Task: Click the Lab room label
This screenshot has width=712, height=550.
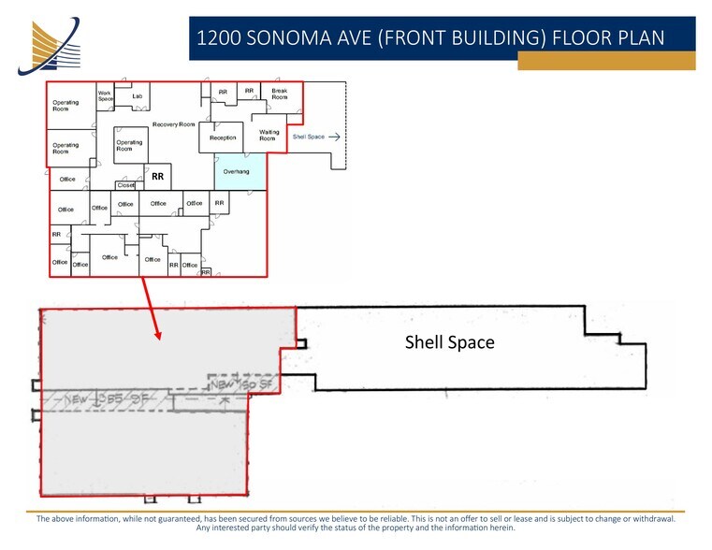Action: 137,96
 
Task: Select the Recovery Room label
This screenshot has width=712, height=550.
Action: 173,124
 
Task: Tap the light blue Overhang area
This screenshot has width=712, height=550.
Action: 237,172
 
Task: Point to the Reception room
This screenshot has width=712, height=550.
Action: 223,137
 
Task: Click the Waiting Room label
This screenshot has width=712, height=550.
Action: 269,136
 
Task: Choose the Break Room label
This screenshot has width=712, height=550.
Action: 280,94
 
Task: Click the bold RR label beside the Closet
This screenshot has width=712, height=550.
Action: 158,175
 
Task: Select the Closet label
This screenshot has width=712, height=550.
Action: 126,185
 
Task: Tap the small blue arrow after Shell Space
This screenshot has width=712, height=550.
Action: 335,137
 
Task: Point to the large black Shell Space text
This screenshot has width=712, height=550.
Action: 449,342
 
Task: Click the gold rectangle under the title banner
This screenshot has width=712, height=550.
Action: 606,61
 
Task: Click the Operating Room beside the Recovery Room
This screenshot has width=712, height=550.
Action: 129,146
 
